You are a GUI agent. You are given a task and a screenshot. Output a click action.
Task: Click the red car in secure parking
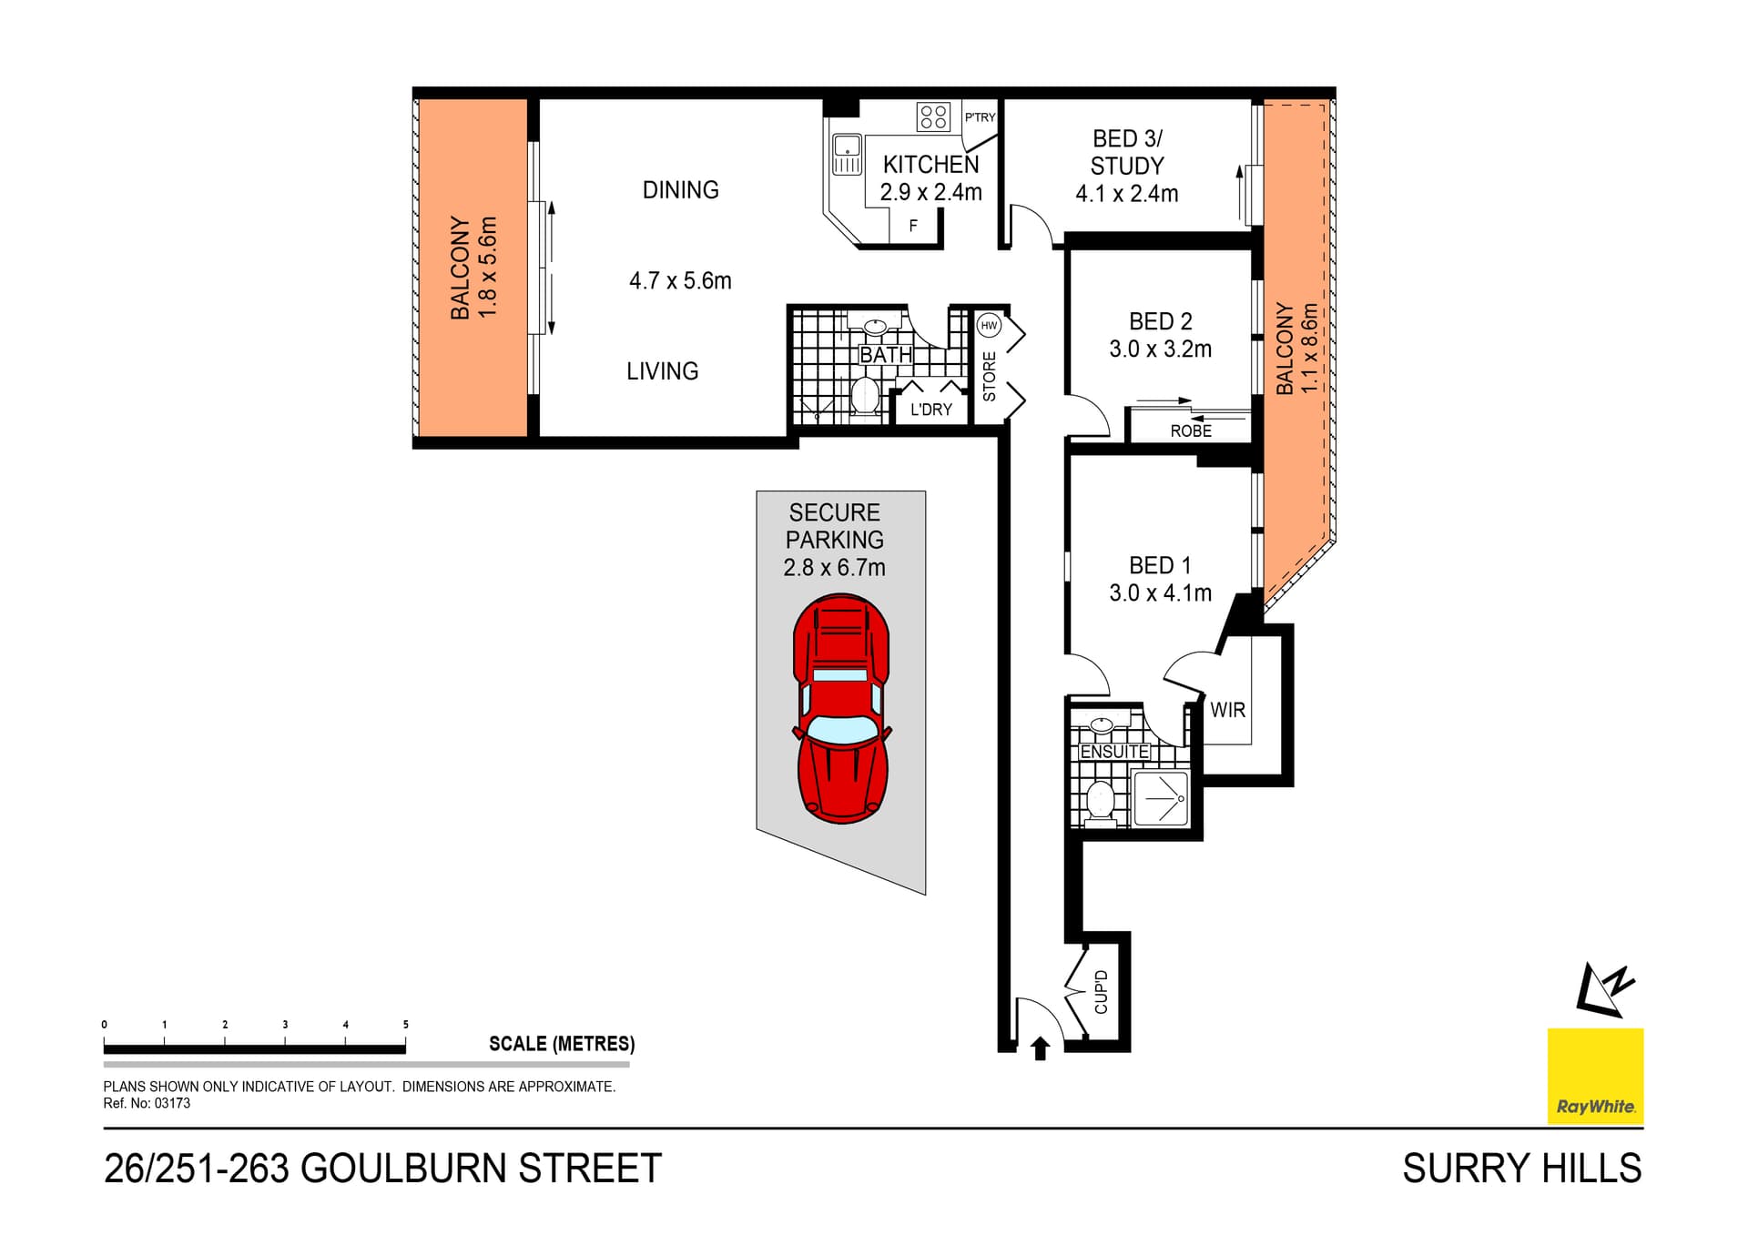point(841,708)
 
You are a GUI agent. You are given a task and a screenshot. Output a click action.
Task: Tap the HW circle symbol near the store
point(989,325)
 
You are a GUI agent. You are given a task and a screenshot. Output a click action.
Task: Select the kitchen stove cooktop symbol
point(933,116)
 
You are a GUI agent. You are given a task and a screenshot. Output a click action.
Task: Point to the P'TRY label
point(980,116)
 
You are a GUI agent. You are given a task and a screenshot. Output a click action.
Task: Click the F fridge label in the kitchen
point(913,226)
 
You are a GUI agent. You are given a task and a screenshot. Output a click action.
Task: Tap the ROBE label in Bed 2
point(1191,430)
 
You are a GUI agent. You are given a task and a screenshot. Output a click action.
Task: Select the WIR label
point(1227,710)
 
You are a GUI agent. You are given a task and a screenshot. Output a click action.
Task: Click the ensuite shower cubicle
point(1160,799)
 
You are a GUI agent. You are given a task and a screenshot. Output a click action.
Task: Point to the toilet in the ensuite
point(1101,801)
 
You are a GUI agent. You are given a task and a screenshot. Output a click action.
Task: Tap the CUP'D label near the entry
point(1101,992)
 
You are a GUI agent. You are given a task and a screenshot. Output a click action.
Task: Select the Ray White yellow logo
point(1595,1076)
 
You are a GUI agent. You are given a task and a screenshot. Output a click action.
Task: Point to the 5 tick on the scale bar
point(405,1025)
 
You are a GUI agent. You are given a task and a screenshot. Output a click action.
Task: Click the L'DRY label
point(930,410)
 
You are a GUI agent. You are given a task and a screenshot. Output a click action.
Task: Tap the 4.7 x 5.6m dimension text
point(680,280)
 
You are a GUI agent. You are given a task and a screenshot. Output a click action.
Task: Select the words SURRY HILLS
point(1521,1169)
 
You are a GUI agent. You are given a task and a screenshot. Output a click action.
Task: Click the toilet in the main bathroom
point(864,396)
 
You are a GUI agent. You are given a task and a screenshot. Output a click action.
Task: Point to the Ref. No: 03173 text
point(147,1103)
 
